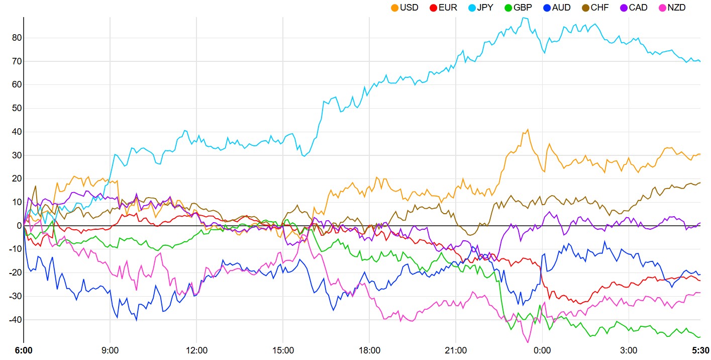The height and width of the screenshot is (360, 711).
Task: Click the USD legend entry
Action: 404,8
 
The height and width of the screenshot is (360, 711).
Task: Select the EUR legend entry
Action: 443,8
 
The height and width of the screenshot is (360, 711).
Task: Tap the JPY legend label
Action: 485,8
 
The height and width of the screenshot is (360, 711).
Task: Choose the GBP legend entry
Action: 519,8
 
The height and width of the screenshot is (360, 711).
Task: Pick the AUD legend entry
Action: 557,8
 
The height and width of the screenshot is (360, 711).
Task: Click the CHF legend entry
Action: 595,8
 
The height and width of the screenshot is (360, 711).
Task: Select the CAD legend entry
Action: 634,8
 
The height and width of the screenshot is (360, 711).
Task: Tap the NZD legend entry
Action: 672,8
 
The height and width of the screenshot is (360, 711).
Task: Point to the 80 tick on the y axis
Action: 17,38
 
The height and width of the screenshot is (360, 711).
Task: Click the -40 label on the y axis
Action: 15,320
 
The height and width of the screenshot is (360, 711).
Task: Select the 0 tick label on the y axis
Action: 20,226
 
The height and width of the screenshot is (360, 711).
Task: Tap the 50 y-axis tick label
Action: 17,108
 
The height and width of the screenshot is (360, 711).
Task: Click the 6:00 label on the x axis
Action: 24,350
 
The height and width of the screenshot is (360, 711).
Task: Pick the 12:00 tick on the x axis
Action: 196,350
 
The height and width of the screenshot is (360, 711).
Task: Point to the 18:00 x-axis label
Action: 369,350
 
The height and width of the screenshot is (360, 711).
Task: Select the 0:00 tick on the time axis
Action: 542,350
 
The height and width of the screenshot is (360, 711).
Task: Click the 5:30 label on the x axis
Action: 700,350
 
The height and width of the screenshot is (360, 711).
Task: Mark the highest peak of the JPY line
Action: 524,18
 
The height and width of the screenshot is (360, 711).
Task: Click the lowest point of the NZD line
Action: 528,342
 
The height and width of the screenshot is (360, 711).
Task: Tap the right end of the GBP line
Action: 700,337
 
